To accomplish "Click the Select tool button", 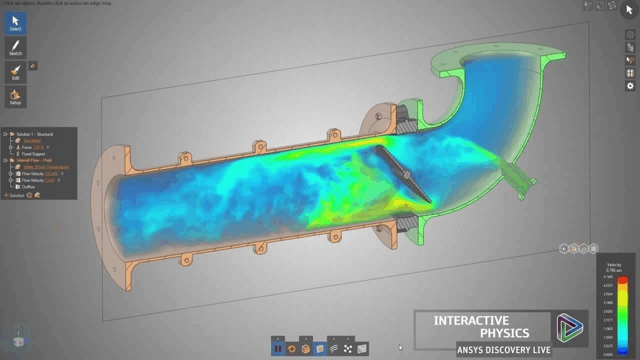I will (x=15, y=23).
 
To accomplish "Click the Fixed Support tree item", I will (x=33, y=154).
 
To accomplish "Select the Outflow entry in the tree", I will (x=28, y=186).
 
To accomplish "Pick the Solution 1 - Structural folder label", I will (x=34, y=134).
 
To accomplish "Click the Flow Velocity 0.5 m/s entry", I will (x=39, y=173).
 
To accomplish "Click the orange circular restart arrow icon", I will (x=292, y=349).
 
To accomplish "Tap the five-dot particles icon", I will (x=348, y=349).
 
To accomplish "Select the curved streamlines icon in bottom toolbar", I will (x=334, y=349).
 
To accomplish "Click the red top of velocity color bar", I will (x=622, y=280).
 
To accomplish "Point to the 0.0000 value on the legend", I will (x=608, y=354).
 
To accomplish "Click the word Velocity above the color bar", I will (x=614, y=265).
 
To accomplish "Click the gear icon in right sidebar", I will (x=630, y=86).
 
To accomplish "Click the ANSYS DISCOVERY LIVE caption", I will (x=504, y=350).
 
